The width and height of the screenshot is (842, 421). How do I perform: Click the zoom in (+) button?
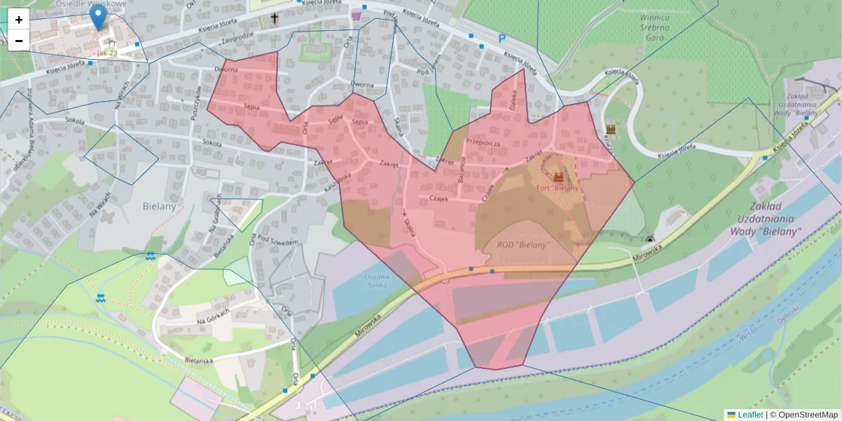point(19,20)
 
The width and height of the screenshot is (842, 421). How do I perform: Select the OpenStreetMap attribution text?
point(803,415)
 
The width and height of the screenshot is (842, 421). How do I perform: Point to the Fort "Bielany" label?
point(558,188)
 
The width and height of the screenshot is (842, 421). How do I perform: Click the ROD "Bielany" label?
point(523,245)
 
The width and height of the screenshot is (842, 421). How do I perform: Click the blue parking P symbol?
point(502,39)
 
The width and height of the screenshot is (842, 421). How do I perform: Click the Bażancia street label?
point(461,169)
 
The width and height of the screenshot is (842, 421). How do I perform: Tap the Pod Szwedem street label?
point(279,241)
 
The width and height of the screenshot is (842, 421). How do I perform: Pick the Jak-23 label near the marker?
point(107,53)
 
